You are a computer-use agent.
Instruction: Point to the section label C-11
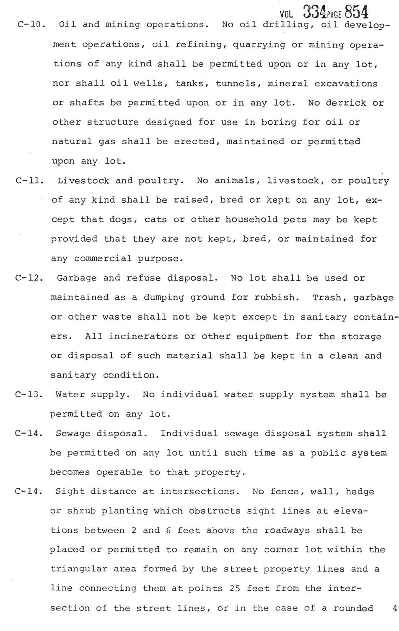tap(30, 181)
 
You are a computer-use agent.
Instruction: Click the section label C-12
tap(29, 278)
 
